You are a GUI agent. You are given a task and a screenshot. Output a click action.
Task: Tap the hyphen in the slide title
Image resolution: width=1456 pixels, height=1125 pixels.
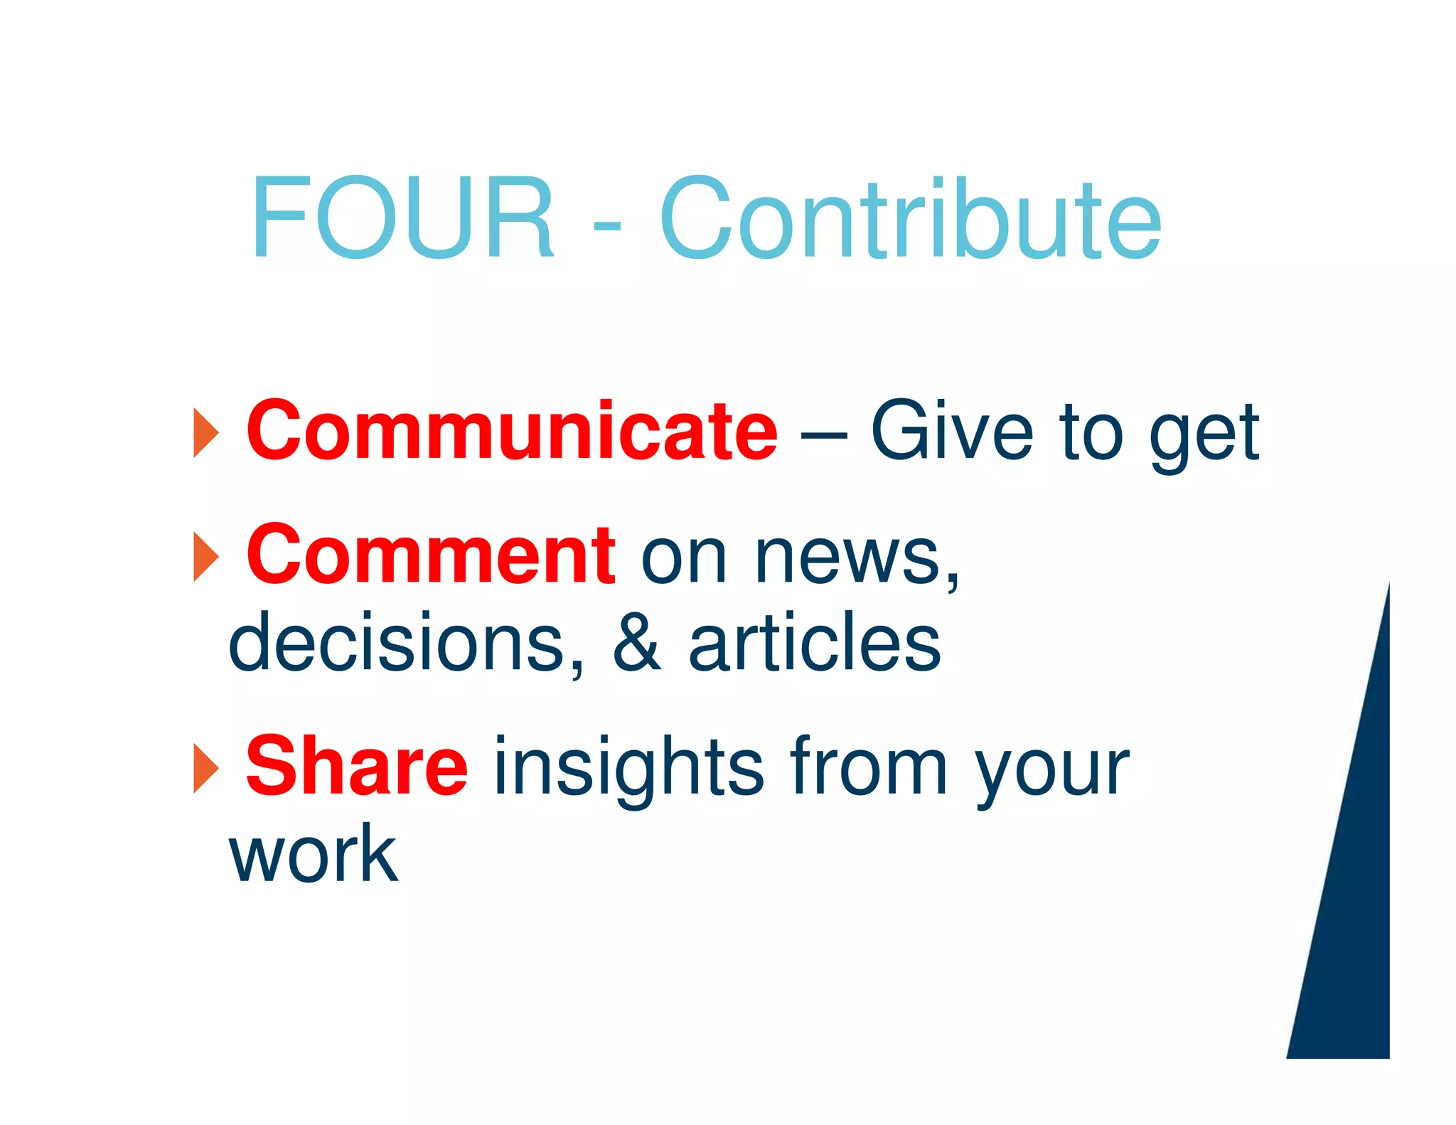(x=606, y=227)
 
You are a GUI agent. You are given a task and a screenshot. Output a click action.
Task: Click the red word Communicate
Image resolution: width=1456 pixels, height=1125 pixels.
(x=512, y=430)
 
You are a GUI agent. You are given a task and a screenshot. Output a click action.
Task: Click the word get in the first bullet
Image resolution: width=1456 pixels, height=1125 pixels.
(x=1204, y=435)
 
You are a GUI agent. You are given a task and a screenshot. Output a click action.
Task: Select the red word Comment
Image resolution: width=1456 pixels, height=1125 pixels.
(x=430, y=554)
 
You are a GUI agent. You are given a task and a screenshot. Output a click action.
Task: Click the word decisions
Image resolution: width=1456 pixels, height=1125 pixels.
(x=406, y=642)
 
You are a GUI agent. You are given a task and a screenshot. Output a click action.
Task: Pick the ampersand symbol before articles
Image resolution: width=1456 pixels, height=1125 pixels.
(x=637, y=642)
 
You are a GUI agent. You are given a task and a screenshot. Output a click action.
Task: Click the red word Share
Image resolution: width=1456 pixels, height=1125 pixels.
(x=357, y=766)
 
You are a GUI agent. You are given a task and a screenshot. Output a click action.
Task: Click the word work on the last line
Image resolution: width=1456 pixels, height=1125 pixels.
(x=313, y=853)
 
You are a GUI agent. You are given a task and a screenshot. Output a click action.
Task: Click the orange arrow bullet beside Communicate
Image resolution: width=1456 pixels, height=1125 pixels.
(x=205, y=433)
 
